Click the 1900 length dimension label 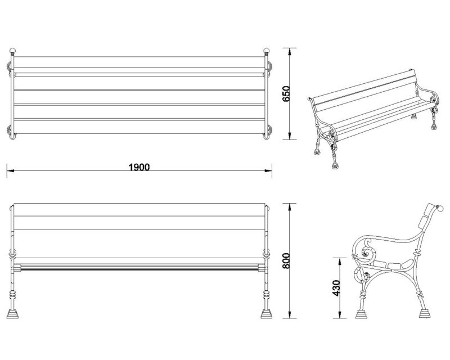139,167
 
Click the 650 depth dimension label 286,94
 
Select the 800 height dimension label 286,261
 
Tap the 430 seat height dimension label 336,288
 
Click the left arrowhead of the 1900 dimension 10,171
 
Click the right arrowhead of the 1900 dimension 268,171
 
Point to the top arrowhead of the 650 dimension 290,51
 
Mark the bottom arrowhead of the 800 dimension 290,314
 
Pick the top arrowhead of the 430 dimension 340,261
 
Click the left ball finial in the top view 12,51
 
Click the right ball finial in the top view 266,51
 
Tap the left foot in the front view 12,314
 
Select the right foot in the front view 266,314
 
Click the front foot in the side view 361,314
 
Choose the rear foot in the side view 425,313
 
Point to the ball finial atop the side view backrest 440,209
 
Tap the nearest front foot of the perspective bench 335,165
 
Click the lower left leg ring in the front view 12,295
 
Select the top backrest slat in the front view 139,210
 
